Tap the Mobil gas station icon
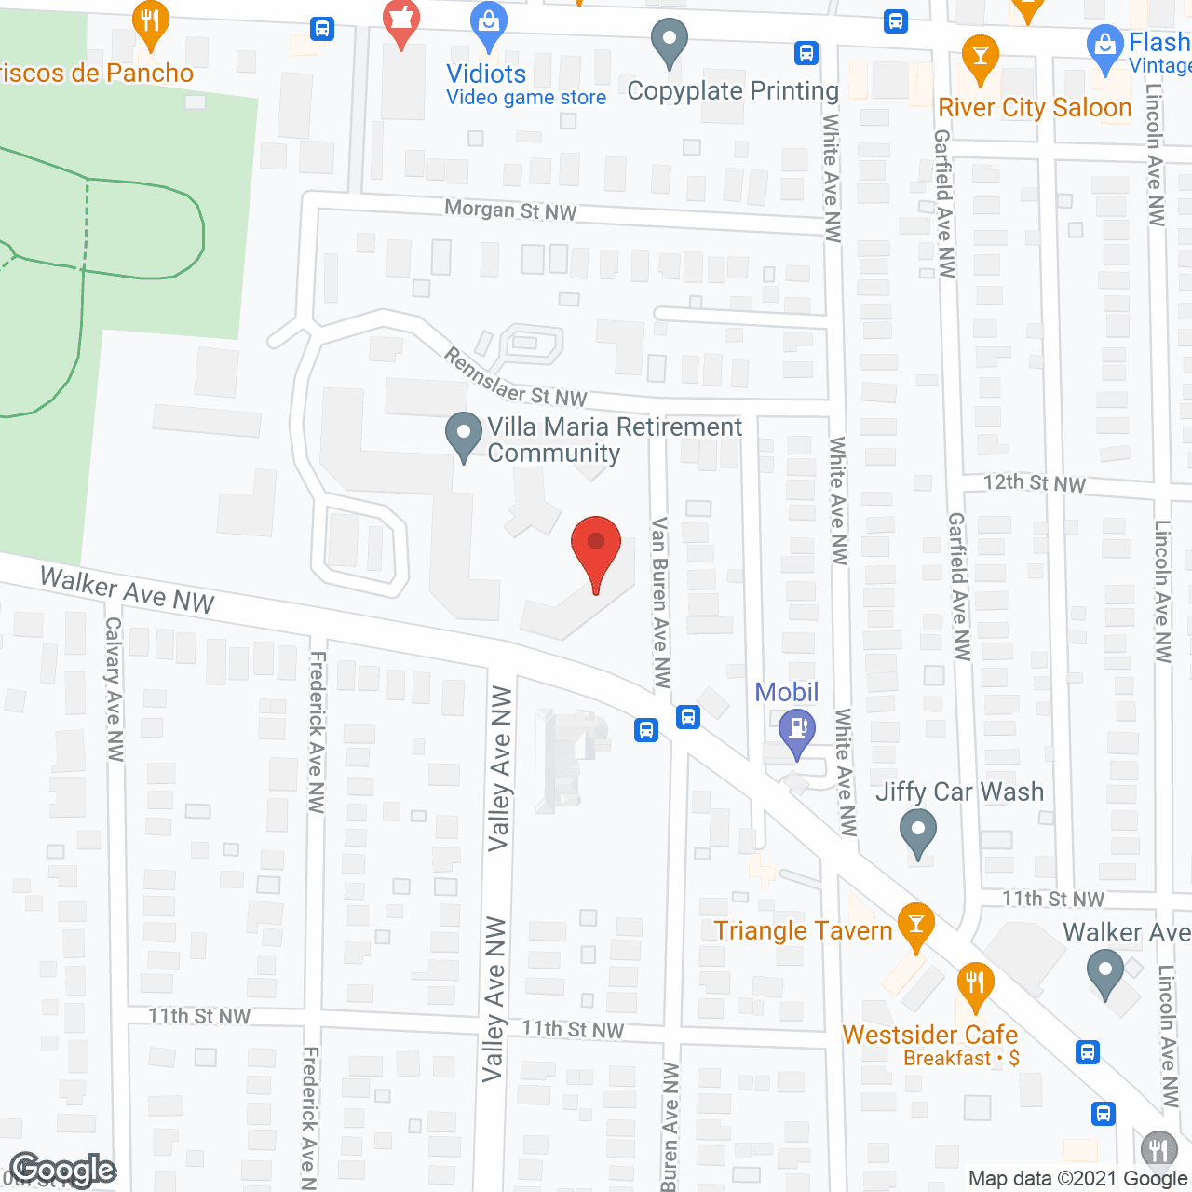click(797, 728)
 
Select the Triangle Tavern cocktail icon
click(916, 924)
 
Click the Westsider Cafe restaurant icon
click(975, 983)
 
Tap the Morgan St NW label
click(510, 210)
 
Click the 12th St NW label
click(1035, 482)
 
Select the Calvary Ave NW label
click(114, 688)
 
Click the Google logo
click(63, 1170)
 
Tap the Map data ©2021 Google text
click(1078, 1179)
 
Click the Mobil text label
click(786, 692)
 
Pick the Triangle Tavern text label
click(803, 930)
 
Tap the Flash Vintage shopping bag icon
click(1105, 47)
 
